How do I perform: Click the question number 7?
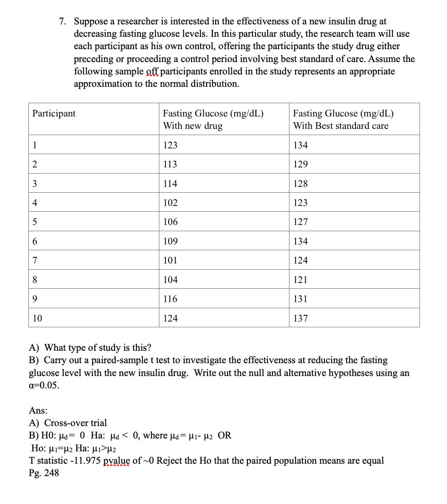[x=63, y=21]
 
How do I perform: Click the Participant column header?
[x=54, y=113]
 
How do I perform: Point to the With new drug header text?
[x=193, y=126]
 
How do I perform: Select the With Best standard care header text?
[x=340, y=126]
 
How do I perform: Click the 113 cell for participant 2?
[x=170, y=164]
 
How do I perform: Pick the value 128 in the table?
[x=301, y=184]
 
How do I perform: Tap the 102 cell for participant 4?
[x=170, y=203]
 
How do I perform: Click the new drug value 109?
[x=170, y=241]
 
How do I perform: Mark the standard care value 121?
[x=301, y=280]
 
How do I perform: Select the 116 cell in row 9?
[x=170, y=299]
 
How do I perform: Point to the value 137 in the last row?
[x=301, y=318]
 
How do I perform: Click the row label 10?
[x=38, y=318]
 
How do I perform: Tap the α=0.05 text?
[x=43, y=385]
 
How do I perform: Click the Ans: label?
[x=38, y=411]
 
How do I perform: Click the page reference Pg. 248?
[x=44, y=473]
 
